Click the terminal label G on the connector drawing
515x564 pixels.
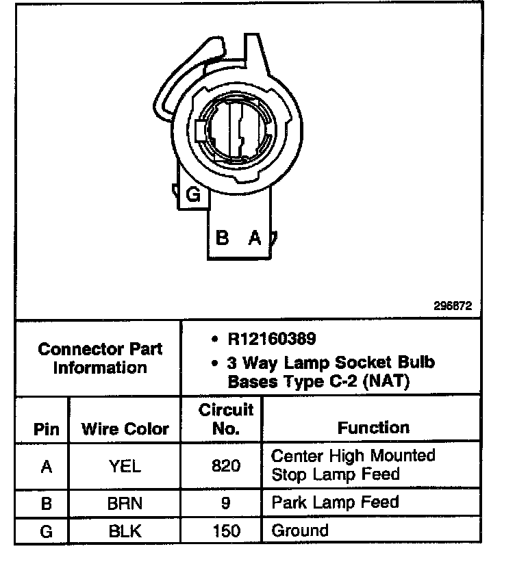click(x=194, y=196)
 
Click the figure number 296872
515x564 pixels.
click(x=452, y=307)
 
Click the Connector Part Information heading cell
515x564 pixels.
click(x=100, y=358)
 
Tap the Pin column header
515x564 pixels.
click(x=47, y=429)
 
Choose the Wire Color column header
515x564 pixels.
click(x=125, y=429)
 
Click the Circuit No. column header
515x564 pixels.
click(x=226, y=420)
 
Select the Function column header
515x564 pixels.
click(x=373, y=428)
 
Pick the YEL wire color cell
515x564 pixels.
click(x=125, y=466)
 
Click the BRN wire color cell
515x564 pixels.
click(x=125, y=503)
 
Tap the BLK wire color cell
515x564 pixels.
click(x=125, y=530)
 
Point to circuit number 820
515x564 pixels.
click(x=226, y=466)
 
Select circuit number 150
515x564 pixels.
click(x=226, y=530)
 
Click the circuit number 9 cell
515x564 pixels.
click(x=226, y=503)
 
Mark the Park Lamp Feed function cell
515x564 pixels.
click(x=335, y=502)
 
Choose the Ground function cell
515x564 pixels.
click(x=300, y=530)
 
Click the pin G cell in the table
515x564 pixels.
click(x=47, y=530)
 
